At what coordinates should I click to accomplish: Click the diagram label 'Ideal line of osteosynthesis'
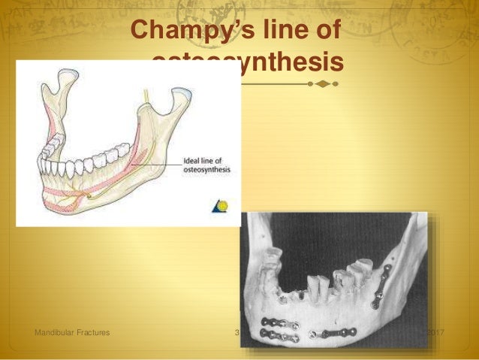(x=204, y=166)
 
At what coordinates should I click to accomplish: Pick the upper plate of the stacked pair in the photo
(x=278, y=325)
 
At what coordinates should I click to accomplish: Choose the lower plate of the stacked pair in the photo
(x=278, y=335)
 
